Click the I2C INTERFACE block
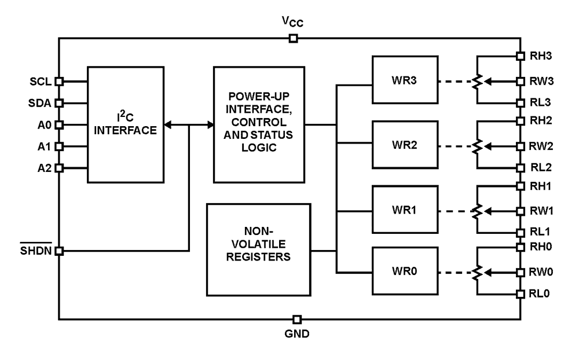(125, 124)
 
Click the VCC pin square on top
(293, 39)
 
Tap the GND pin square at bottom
(296, 319)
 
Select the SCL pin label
(42, 82)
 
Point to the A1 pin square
(58, 146)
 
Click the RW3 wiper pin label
(541, 82)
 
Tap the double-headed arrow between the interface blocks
(189, 124)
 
